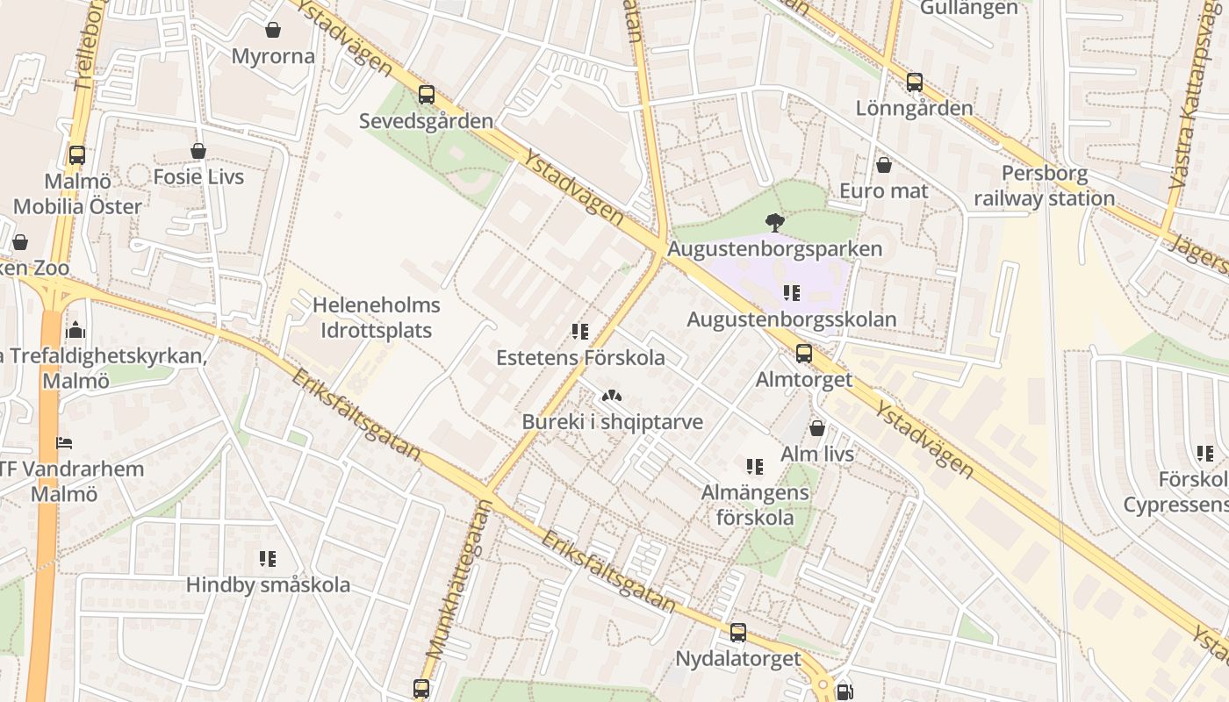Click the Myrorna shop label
pyautogui.click(x=273, y=56)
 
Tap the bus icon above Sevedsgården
pyautogui.click(x=427, y=95)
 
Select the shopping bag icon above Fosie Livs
pyautogui.click(x=198, y=151)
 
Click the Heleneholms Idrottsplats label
pyautogui.click(x=377, y=319)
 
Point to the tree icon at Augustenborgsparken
pyautogui.click(x=774, y=222)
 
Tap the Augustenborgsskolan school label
pyautogui.click(x=791, y=319)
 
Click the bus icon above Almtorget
pyautogui.click(x=804, y=354)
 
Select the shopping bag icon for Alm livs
pyautogui.click(x=817, y=428)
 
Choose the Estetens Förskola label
pyautogui.click(x=580, y=358)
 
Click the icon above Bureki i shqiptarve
pyautogui.click(x=612, y=396)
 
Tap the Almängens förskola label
pyautogui.click(x=755, y=505)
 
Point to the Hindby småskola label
pyautogui.click(x=268, y=584)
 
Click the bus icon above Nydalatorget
pyautogui.click(x=738, y=633)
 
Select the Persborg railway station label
pyautogui.click(x=1044, y=186)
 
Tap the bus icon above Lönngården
pyautogui.click(x=915, y=82)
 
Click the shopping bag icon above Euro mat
pyautogui.click(x=884, y=165)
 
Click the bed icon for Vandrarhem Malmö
pyautogui.click(x=64, y=442)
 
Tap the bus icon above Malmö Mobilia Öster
pyautogui.click(x=77, y=155)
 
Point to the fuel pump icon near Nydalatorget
pyautogui.click(x=844, y=691)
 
